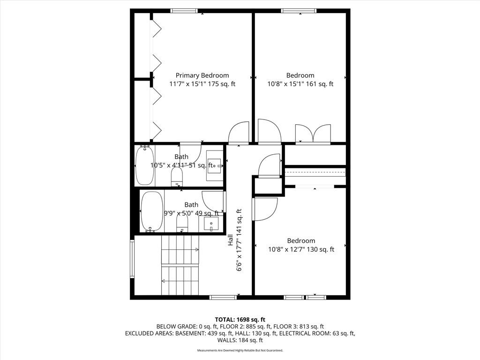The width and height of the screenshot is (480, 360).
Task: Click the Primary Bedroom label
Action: [x=202, y=75]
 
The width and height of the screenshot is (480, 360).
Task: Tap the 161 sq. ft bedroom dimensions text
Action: [x=300, y=84]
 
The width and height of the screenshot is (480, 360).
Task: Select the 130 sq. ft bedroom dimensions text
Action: [x=301, y=249]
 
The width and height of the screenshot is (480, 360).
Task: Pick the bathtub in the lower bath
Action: [x=152, y=211]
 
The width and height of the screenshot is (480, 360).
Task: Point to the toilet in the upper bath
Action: [x=177, y=177]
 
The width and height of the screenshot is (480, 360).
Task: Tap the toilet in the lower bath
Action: [x=182, y=223]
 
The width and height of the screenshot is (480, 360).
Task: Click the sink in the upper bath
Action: [x=215, y=165]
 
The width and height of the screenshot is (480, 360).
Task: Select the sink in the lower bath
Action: [x=211, y=224]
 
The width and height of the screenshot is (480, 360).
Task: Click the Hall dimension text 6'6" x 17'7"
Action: [x=239, y=240]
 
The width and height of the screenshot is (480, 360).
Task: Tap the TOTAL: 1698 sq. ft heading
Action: [x=240, y=320]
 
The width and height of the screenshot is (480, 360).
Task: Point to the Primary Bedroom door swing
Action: [x=239, y=132]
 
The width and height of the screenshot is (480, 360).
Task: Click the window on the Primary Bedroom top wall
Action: [x=184, y=11]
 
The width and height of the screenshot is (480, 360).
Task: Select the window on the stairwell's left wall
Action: [x=132, y=259]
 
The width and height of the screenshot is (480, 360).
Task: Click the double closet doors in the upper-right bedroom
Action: [x=313, y=134]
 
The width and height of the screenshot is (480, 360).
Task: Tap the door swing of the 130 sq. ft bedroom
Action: [x=265, y=209]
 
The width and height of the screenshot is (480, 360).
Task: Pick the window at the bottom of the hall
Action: [x=223, y=297]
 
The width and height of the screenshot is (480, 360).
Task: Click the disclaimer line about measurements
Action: [x=240, y=350]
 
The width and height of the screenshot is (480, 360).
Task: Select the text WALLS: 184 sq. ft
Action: [x=240, y=340]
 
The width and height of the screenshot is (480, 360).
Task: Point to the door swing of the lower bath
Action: [x=214, y=201]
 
